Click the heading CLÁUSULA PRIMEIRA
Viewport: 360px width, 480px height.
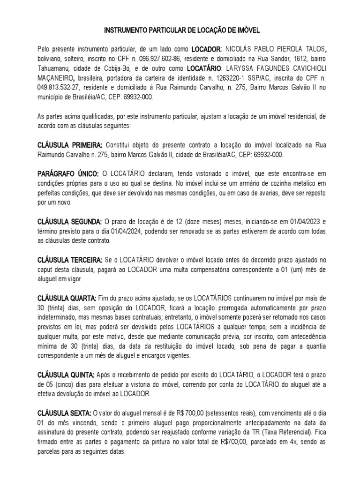click(69, 145)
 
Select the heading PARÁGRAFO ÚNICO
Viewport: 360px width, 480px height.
click(66, 174)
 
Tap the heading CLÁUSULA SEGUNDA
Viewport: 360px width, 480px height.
click(69, 221)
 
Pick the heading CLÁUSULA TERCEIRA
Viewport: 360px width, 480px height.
click(69, 260)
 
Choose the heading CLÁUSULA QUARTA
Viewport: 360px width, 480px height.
click(67, 298)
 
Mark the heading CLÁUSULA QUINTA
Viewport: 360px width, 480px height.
click(66, 375)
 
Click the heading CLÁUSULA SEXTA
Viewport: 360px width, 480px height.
click(64, 413)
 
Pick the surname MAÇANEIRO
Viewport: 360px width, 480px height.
click(55, 78)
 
